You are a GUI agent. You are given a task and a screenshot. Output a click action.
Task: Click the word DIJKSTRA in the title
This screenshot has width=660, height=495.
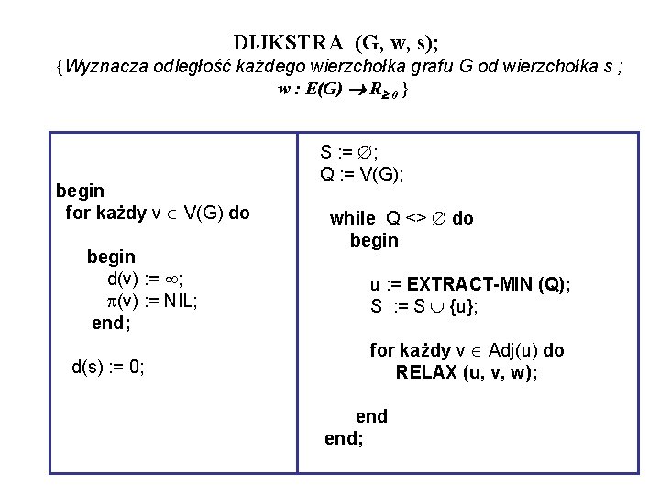[x=289, y=43]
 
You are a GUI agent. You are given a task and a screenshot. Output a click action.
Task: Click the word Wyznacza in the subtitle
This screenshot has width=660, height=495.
[x=104, y=66]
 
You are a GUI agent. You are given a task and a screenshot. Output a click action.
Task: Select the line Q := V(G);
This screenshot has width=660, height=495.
[x=363, y=173]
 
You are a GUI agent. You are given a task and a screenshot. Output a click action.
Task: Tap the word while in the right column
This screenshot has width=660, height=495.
[x=353, y=218]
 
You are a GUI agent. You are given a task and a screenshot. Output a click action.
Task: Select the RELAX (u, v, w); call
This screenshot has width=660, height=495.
[x=467, y=372]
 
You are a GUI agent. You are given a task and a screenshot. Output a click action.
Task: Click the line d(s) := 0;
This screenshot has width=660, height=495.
[x=107, y=368]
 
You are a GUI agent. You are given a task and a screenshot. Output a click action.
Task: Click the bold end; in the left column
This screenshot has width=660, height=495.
[x=111, y=323]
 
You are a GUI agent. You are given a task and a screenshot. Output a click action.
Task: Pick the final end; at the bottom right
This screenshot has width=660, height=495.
[x=344, y=438]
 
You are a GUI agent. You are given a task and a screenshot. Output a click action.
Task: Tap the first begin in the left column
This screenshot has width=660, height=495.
[x=81, y=191]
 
